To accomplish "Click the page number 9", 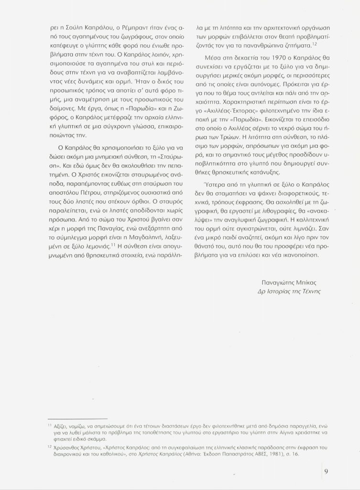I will [325, 470].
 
